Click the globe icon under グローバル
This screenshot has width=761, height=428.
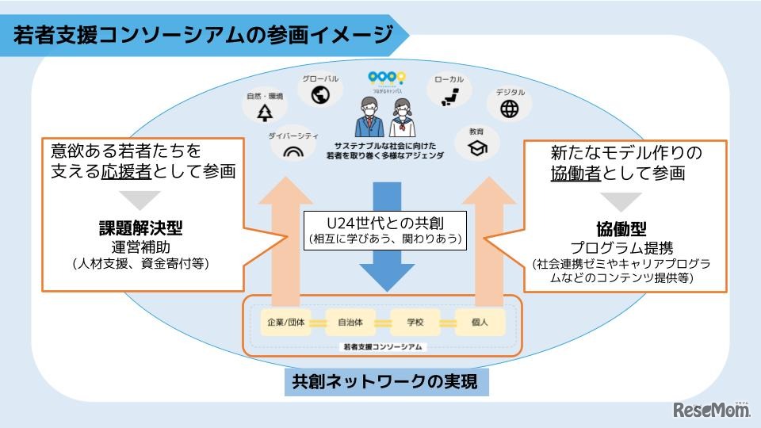(320, 96)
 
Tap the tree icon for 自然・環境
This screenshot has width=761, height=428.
(264, 113)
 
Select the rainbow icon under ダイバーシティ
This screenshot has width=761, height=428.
(293, 150)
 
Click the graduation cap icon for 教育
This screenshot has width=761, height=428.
(476, 147)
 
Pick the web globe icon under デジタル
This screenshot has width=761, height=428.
(510, 109)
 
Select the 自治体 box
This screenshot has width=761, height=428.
(350, 323)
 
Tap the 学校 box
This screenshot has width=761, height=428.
(415, 323)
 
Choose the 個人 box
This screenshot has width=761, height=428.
(480, 323)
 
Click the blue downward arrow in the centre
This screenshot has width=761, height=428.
(386, 254)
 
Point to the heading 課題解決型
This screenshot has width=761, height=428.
(142, 228)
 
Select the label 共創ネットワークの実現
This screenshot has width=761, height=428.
(385, 384)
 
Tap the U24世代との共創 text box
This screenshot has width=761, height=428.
(385, 228)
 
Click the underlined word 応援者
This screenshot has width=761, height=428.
(126, 170)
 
